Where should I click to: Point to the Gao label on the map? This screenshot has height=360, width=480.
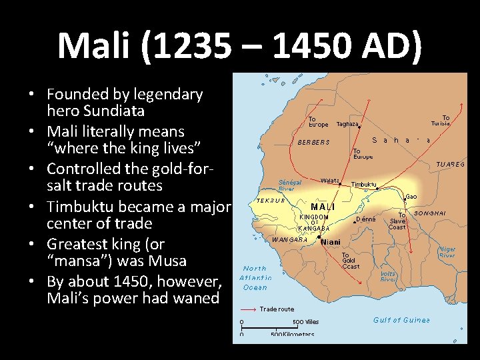413,197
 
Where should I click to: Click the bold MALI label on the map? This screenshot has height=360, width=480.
322,207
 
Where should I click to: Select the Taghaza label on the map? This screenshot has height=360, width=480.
347,124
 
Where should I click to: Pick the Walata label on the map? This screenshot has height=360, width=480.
329,180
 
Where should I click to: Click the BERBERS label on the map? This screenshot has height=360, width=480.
313,142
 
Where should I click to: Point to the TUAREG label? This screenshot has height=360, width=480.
451,164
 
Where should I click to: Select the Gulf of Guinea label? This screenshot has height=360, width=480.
401,320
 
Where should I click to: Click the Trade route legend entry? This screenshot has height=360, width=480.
277,309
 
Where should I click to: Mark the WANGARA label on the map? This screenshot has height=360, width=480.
289,239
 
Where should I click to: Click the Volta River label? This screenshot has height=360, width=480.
388,276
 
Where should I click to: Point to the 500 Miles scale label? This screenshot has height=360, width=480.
306,321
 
